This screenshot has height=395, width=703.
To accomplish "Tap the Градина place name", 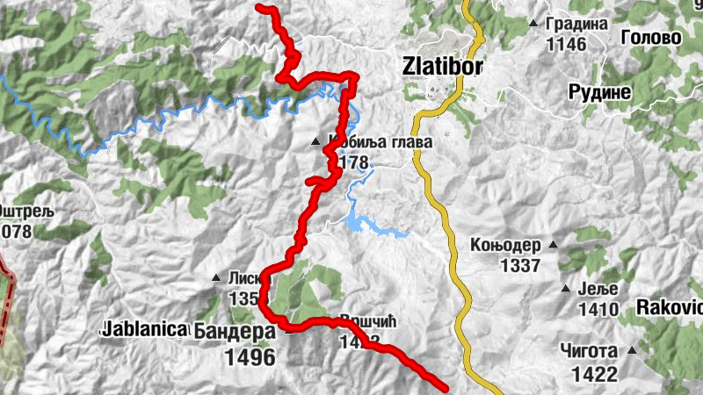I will (576, 24).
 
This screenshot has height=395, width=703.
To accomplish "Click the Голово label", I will (651, 38).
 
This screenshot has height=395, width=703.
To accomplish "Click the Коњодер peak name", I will (504, 245).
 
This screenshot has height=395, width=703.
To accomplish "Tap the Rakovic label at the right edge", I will (670, 307).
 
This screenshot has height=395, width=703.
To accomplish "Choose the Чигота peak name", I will (589, 350).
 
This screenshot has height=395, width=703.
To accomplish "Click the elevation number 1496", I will (250, 358).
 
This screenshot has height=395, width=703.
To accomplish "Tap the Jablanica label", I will (146, 330).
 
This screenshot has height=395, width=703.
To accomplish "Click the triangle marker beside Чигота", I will (631, 350).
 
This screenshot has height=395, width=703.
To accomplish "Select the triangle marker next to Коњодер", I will (553, 245).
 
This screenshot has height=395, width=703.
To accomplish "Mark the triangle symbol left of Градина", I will (533, 23).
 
